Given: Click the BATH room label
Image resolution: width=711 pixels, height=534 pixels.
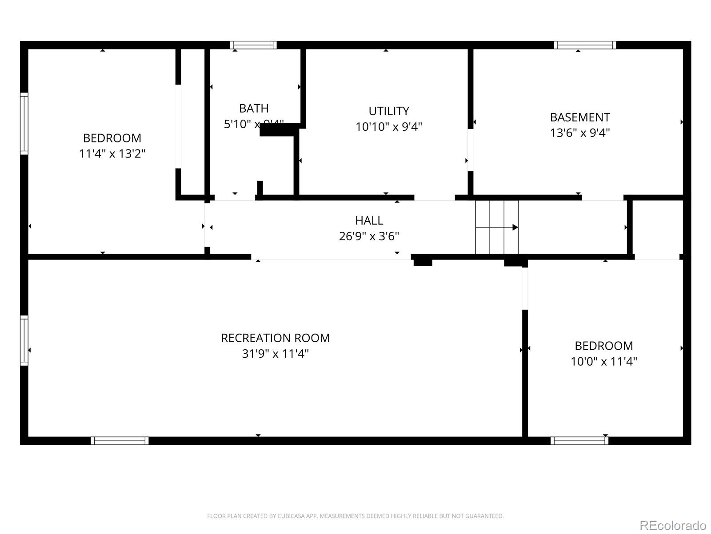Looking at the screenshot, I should point(254,108).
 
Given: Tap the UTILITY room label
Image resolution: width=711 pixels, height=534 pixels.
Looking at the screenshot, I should point(388,111).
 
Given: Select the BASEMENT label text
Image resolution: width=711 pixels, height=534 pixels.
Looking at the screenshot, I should point(579,117).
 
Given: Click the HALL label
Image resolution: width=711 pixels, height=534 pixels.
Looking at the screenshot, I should point(369,220).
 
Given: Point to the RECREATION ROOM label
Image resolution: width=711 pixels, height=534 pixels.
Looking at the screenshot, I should point(275,338).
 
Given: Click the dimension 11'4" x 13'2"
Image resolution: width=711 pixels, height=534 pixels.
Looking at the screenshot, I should point(112,154).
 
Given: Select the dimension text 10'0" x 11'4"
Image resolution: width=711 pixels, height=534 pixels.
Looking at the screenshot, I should point(603,361).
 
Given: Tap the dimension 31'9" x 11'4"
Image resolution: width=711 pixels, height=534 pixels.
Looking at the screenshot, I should point(275,354).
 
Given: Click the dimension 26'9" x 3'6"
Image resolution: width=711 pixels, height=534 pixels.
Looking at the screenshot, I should point(369,236).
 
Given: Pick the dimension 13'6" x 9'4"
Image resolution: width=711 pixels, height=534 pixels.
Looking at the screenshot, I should point(579,133).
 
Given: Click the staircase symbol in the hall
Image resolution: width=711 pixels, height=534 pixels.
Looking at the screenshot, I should point(496,227).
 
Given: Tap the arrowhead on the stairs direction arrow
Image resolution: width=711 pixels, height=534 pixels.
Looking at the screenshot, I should point(515,227).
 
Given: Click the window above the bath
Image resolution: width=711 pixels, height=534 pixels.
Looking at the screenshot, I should point(253,45).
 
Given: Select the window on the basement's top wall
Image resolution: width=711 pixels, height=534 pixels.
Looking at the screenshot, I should point(585,45).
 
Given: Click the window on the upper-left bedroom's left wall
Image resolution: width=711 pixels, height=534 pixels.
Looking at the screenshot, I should point(24,124).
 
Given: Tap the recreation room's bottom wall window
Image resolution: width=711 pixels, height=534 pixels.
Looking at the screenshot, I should point(120,441).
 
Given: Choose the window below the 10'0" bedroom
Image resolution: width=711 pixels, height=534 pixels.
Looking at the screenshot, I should point(579,441).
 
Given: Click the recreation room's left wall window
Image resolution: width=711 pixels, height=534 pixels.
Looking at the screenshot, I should point(24,340).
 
